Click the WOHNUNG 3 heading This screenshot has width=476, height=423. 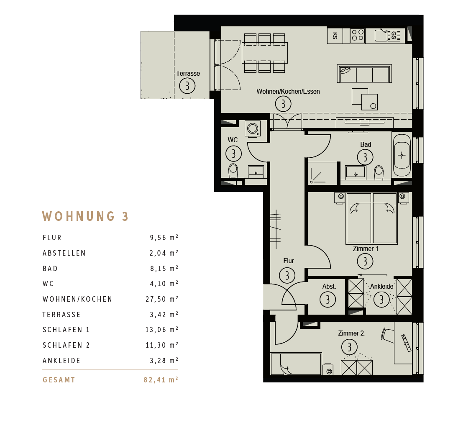click(x=85, y=216)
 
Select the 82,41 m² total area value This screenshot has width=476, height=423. click(x=161, y=380)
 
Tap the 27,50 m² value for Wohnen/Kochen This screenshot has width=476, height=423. click(x=162, y=299)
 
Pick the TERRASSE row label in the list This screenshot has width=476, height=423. click(x=61, y=315)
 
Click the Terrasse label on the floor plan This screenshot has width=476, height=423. click(x=188, y=74)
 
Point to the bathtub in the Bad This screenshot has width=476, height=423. click(x=402, y=156)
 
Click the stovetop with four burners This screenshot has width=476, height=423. click(x=358, y=35)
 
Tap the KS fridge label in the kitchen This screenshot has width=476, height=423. click(x=335, y=36)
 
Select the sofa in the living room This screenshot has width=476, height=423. click(x=364, y=74)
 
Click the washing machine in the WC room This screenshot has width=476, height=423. click(x=253, y=129)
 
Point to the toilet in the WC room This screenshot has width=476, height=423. click(x=233, y=171)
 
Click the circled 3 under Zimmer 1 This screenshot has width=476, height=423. click(x=365, y=261)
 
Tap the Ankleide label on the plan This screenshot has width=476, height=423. click(x=381, y=286)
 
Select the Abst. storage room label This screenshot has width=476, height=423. click(x=329, y=286)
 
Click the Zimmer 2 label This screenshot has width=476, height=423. click(x=351, y=333)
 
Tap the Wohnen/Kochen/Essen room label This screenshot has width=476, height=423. click(x=288, y=91)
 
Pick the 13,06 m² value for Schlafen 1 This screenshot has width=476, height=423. click(x=162, y=330)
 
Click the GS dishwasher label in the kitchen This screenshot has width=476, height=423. click(x=394, y=35)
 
